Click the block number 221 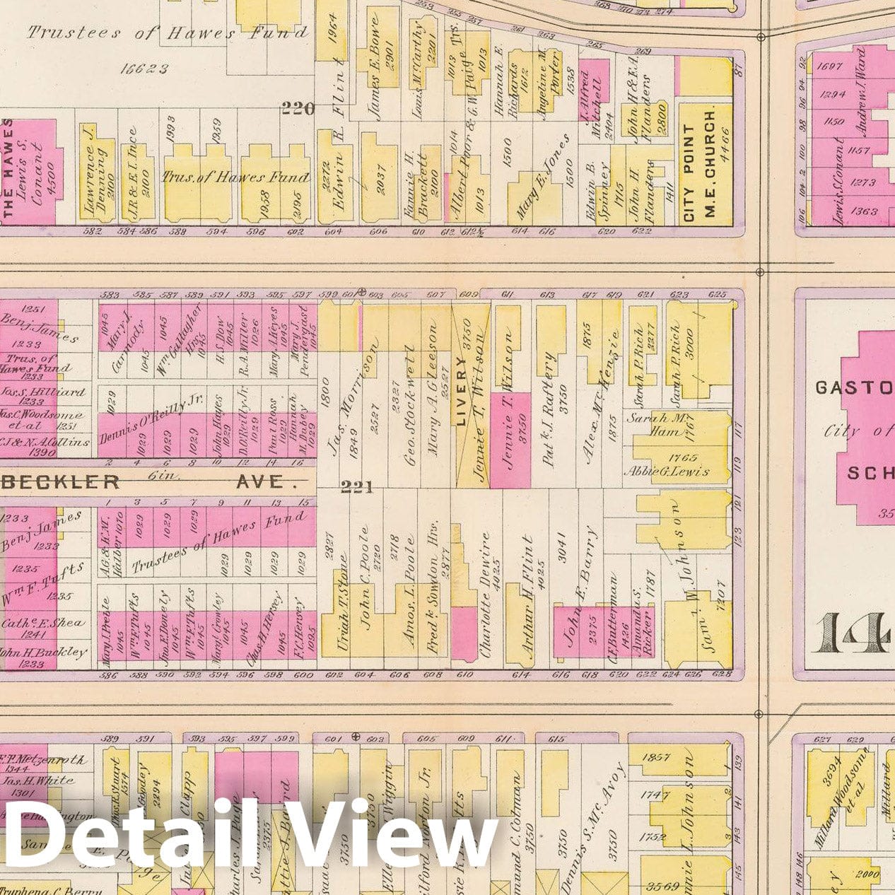pos(356,487)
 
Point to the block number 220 pos(297,108)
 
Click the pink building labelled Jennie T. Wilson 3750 pos(510,438)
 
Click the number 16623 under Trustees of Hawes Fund pos(144,69)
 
